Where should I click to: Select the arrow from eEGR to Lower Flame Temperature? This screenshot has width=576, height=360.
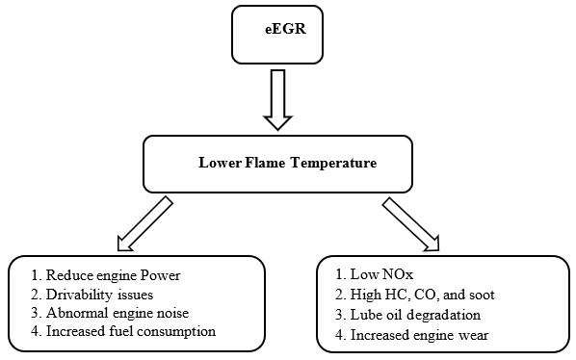point(280,100)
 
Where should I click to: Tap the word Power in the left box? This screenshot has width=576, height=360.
point(161,276)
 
